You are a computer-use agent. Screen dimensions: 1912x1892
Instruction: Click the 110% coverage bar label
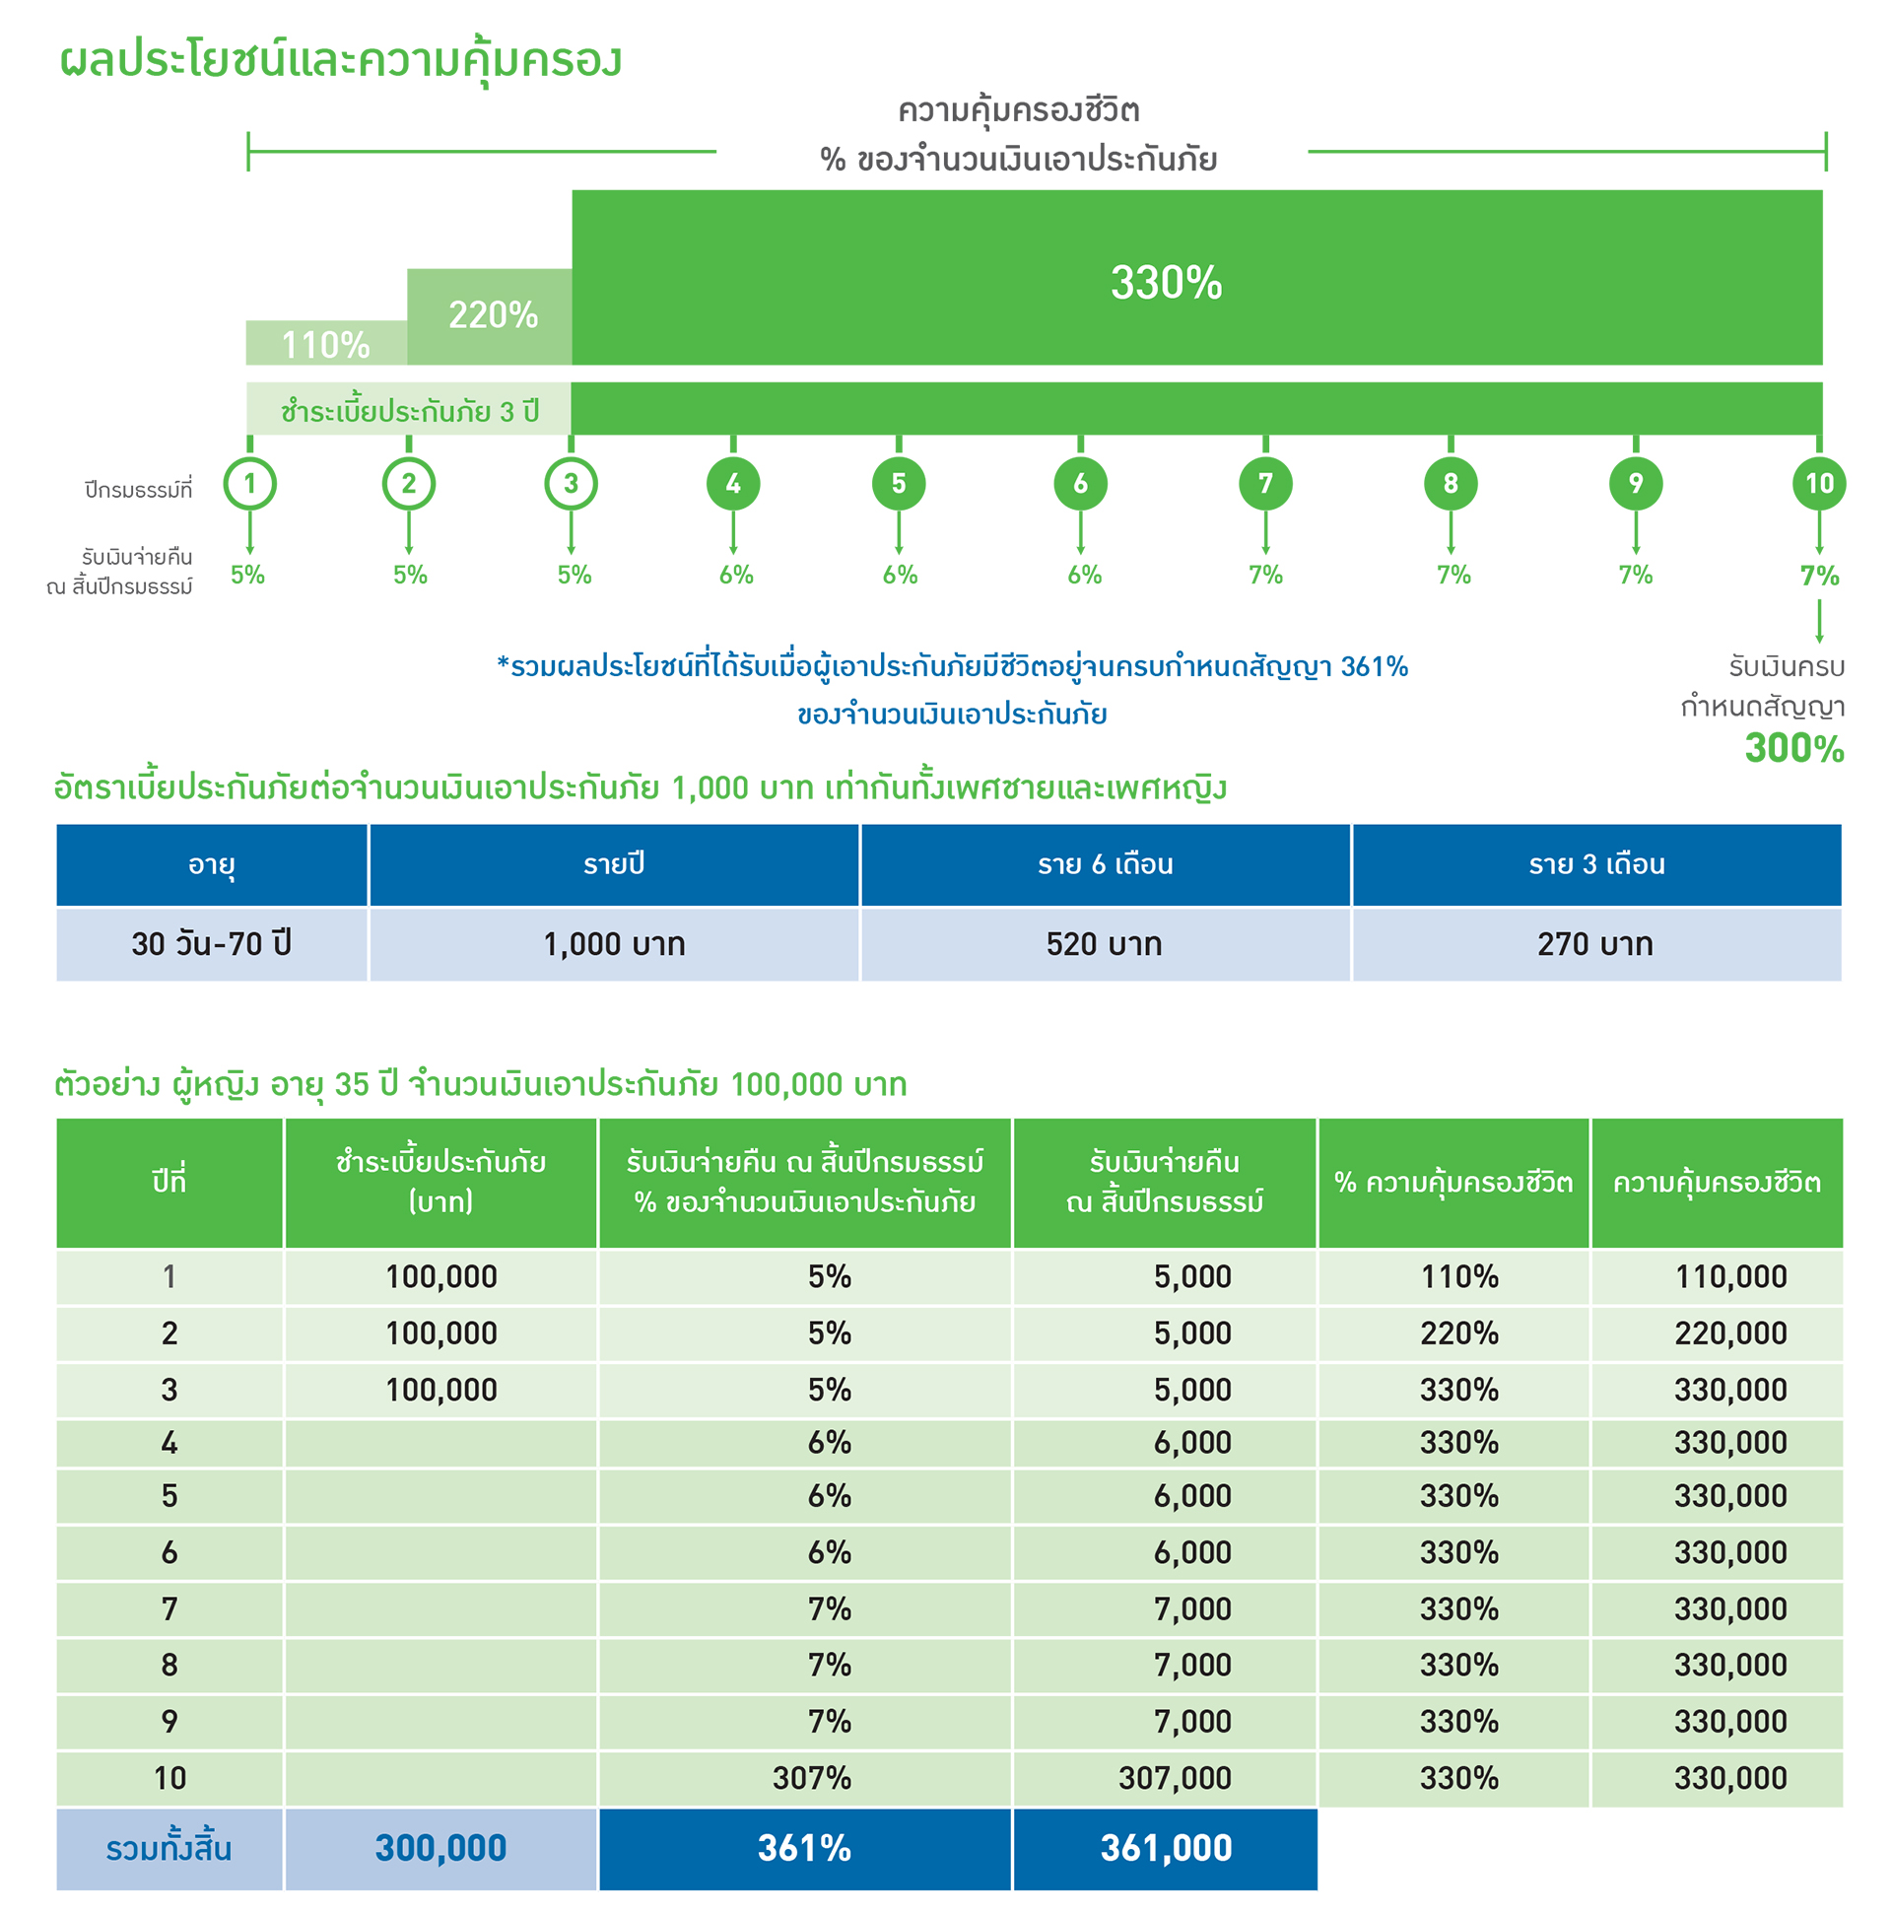324,344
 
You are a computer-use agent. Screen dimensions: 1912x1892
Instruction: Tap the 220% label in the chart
492,314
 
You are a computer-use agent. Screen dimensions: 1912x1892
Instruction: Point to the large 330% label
1165,282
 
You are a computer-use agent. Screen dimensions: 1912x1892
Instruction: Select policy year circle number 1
249,483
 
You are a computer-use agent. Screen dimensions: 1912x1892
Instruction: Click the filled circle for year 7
1264,483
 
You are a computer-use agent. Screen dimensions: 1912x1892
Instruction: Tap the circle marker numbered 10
1818,483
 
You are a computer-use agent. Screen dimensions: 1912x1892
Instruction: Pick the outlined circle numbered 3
570,483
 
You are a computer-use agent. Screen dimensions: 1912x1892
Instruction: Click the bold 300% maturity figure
1793,748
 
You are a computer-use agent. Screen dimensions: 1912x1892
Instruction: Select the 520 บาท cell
1104,944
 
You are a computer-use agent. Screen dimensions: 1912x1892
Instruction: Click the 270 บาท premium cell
1594,944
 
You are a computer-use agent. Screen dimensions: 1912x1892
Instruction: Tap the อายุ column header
212,864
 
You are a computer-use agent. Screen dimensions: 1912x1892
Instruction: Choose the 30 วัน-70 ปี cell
212,944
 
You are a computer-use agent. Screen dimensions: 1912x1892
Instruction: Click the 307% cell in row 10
811,1777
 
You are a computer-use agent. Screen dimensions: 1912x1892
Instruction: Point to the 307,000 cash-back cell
1174,1777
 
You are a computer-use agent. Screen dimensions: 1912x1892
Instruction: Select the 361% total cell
803,1848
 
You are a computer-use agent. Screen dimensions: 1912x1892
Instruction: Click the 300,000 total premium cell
440,1848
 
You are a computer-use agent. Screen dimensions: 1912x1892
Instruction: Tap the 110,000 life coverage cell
1729,1276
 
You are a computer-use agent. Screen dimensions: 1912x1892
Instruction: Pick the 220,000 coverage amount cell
1729,1333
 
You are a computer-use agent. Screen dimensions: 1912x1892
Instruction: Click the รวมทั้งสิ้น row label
169,1848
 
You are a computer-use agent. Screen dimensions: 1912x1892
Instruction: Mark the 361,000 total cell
1165,1848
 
